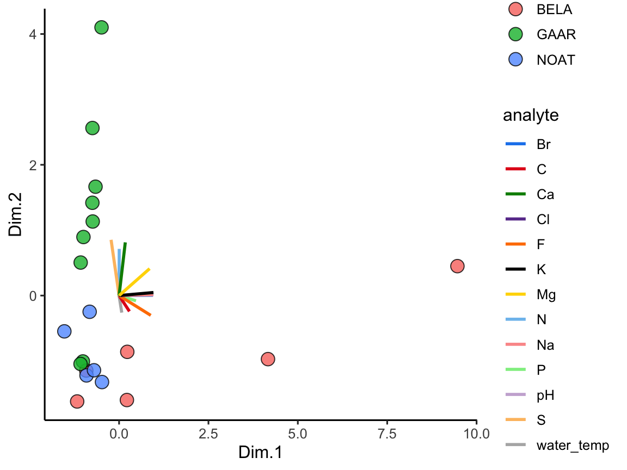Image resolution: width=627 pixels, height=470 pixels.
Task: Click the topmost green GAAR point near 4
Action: pyautogui.click(x=101, y=27)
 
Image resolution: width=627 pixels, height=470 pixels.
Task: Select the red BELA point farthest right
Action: pyautogui.click(x=457, y=266)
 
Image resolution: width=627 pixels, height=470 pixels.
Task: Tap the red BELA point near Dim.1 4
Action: pyautogui.click(x=268, y=359)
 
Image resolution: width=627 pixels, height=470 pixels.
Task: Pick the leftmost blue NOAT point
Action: pyautogui.click(x=64, y=331)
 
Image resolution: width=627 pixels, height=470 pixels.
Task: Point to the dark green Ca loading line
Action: pyautogui.click(x=123, y=267)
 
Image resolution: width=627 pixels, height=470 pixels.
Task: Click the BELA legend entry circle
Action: pyautogui.click(x=515, y=9)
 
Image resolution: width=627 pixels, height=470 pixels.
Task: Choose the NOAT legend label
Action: pyautogui.click(x=555, y=60)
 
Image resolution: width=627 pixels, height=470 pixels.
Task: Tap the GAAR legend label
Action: pyautogui.click(x=556, y=34)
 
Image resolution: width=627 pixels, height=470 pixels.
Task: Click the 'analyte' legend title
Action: pyautogui.click(x=530, y=115)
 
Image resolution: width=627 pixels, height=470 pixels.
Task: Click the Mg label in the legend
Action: pyautogui.click(x=546, y=295)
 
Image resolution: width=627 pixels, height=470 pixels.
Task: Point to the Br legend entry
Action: pyautogui.click(x=543, y=145)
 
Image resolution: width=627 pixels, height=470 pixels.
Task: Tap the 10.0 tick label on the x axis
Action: pyautogui.click(x=476, y=434)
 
